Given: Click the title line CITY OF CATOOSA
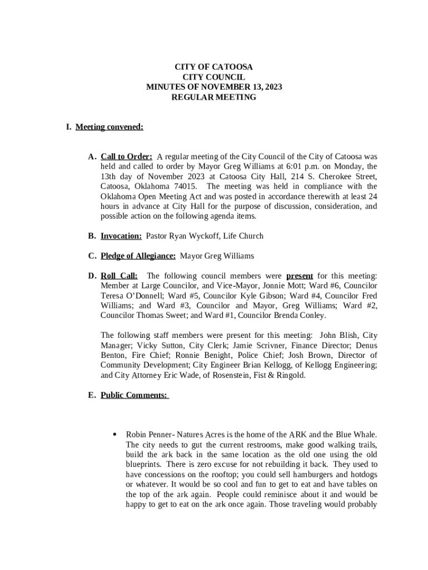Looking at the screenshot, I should pos(213,67).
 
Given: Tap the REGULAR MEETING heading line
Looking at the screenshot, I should pos(213,97).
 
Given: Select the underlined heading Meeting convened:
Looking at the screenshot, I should pos(110,127).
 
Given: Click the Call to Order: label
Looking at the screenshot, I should pos(126,156).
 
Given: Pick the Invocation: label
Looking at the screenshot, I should pos(121,236).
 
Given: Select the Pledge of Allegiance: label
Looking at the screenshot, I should pos(138,256).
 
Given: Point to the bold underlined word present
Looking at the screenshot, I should pos(300,276).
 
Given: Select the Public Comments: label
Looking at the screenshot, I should pos(134,395).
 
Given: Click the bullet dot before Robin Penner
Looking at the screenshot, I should pos(114,434).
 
